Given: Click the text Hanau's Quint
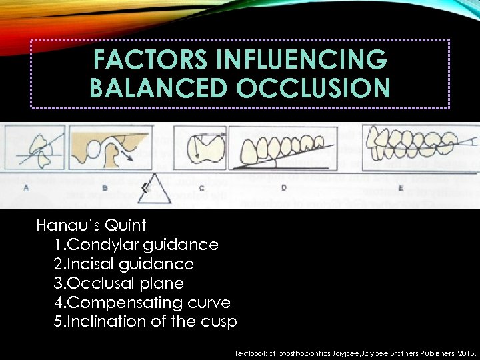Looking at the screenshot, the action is pyautogui.click(x=91, y=225).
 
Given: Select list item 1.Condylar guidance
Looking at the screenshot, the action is pyautogui.click(x=136, y=245).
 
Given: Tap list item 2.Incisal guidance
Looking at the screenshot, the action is pyautogui.click(x=124, y=264).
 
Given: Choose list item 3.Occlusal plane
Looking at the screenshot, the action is pyautogui.click(x=119, y=283).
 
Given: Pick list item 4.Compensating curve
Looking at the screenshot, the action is pyautogui.click(x=142, y=303).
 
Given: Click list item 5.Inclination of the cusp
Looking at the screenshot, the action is pyautogui.click(x=145, y=321).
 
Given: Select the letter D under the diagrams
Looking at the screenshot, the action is pyautogui.click(x=284, y=188).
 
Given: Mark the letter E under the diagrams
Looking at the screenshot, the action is pyautogui.click(x=401, y=188).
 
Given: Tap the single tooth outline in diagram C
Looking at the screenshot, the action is pyautogui.click(x=205, y=150).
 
